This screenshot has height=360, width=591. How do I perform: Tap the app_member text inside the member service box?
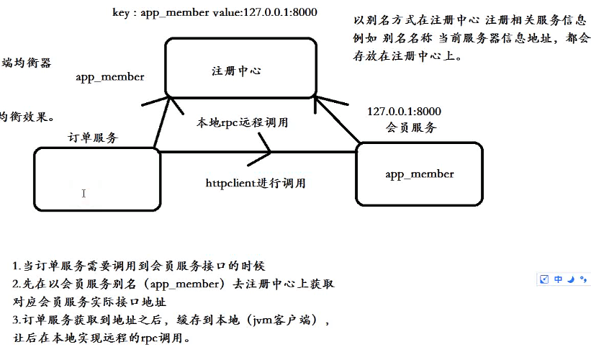419,174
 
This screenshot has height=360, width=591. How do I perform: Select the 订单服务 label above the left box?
93,137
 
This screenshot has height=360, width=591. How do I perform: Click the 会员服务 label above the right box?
411,127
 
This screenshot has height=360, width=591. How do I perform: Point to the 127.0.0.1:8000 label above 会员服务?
404,112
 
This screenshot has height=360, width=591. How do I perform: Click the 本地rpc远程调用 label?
243,122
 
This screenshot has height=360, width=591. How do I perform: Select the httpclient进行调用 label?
256,183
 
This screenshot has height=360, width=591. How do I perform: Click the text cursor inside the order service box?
84,193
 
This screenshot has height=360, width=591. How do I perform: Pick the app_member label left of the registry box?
109,77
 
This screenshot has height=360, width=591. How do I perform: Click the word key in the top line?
122,13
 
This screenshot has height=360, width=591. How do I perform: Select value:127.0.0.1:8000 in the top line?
257,13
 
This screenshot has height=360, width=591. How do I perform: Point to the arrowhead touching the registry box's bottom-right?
321,101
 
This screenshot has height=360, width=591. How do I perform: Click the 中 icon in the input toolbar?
558,279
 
